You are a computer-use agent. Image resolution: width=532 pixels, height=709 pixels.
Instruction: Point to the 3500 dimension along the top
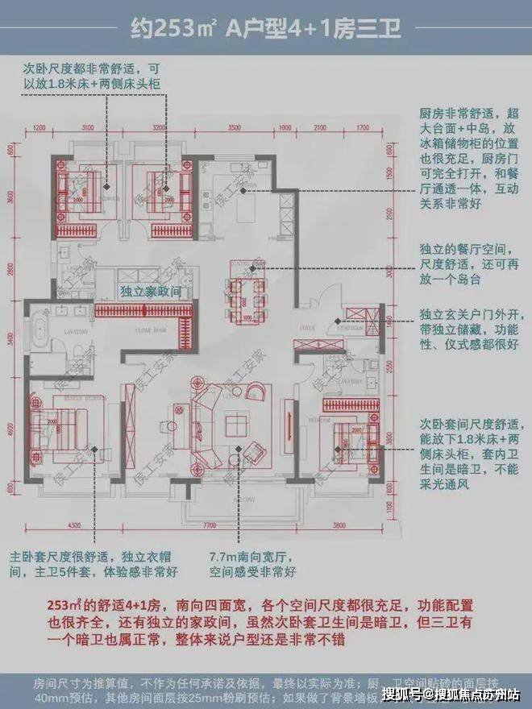click(x=235, y=127)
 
